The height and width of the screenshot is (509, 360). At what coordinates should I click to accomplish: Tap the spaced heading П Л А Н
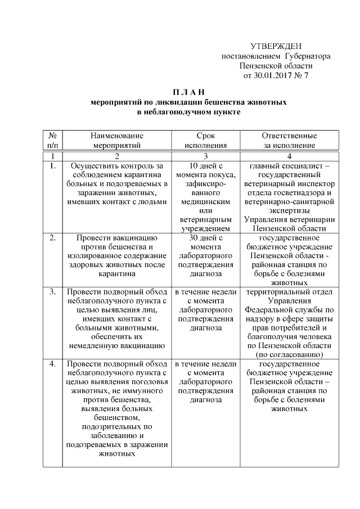click(188, 92)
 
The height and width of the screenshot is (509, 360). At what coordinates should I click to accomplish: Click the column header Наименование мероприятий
click(117, 140)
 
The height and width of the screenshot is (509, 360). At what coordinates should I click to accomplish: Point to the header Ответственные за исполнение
click(289, 140)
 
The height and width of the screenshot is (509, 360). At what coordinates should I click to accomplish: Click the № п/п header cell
click(52, 140)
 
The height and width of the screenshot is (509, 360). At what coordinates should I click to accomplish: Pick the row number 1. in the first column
click(52, 166)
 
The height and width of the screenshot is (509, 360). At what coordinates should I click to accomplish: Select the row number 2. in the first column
click(52, 238)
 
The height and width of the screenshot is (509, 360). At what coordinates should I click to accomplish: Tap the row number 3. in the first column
click(52, 292)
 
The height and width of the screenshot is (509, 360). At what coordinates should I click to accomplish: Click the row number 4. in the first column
click(52, 364)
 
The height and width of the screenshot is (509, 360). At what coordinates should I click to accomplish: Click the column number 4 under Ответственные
click(289, 156)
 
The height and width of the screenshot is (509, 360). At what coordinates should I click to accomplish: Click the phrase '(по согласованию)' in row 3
click(289, 355)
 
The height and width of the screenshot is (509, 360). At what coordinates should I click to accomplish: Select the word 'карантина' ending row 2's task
click(117, 274)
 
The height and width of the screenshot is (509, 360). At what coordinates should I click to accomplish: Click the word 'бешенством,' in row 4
click(117, 418)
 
